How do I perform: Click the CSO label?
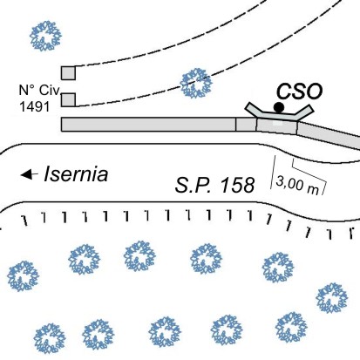(299, 92)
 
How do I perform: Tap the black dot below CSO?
(279, 107)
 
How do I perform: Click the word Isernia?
(76, 174)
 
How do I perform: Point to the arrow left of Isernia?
(30, 174)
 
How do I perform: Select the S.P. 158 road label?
(215, 185)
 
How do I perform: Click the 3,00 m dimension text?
(297, 185)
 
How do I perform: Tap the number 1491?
(34, 106)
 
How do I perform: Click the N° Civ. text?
(39, 91)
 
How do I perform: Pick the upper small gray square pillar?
(68, 73)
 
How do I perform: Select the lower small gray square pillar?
(68, 99)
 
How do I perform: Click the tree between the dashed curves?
(196, 84)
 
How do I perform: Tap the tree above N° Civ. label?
(45, 36)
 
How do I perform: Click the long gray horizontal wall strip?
(148, 125)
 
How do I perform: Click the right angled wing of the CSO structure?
(305, 112)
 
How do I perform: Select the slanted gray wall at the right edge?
(329, 136)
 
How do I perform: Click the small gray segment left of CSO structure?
(246, 125)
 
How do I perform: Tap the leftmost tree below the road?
(23, 276)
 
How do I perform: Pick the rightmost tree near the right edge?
(332, 298)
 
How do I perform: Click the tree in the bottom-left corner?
(50, 338)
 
